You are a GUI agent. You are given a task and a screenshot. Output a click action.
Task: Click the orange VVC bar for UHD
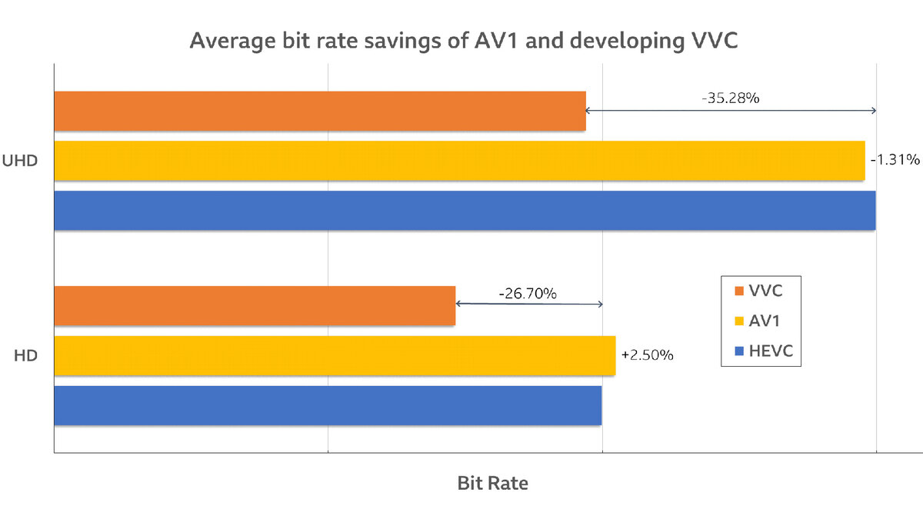click(x=320, y=111)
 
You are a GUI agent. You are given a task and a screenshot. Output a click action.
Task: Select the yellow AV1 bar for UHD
click(x=459, y=161)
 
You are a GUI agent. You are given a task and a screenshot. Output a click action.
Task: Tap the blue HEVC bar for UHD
click(x=465, y=211)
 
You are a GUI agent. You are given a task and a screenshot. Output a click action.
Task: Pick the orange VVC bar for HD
click(x=255, y=305)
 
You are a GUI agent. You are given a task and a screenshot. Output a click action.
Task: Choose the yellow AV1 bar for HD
click(x=335, y=355)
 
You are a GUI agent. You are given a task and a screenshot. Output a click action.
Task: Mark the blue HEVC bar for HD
click(x=328, y=405)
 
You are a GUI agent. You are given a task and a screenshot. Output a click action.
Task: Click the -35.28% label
click(x=730, y=98)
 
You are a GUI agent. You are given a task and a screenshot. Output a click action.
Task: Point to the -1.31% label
click(x=895, y=160)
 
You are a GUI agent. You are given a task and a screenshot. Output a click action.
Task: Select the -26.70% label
click(x=528, y=293)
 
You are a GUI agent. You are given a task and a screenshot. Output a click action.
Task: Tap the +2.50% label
click(x=647, y=355)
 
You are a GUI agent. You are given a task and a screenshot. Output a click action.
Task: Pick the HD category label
click(x=27, y=355)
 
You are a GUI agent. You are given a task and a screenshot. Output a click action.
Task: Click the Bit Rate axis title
click(x=492, y=483)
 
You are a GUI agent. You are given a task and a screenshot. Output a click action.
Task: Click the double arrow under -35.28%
click(x=731, y=111)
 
